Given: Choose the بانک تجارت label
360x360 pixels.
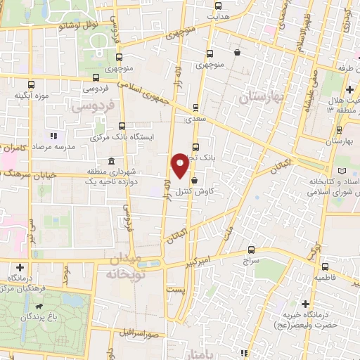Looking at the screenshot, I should point(215,160).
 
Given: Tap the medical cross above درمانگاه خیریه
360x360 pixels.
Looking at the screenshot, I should point(305,304).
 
